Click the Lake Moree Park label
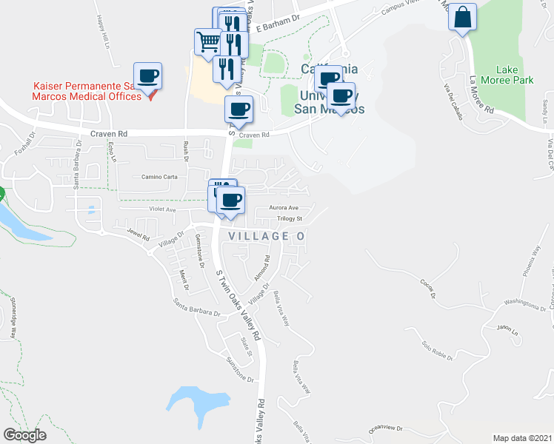503,73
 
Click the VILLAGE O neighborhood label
267,236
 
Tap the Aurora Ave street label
283,208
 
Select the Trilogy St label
290,219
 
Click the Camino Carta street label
160,177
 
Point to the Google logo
25,434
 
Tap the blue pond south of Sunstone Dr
194,403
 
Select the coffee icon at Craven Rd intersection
238,110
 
